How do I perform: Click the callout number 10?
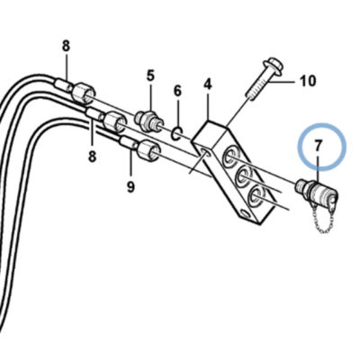[x=308, y=81]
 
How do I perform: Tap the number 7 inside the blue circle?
[x=318, y=146]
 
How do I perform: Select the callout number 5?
[x=150, y=76]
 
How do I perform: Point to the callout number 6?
[x=177, y=91]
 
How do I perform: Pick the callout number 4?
[x=208, y=85]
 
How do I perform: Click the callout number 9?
[x=130, y=187]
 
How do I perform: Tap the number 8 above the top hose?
[x=66, y=46]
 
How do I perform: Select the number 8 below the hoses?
[x=92, y=157]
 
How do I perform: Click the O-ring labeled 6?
[x=177, y=133]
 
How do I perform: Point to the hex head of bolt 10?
[x=272, y=67]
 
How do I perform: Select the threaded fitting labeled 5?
[x=150, y=121]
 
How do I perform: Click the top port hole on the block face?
[x=230, y=156]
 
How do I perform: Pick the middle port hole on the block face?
[x=242, y=176]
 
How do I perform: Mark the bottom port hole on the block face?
[x=254, y=196]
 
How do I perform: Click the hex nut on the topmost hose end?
[x=83, y=93]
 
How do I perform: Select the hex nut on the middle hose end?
[x=115, y=121]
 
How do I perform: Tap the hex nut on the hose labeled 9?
[x=148, y=149]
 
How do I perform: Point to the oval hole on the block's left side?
[x=206, y=153]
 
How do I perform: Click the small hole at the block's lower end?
[x=246, y=214]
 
